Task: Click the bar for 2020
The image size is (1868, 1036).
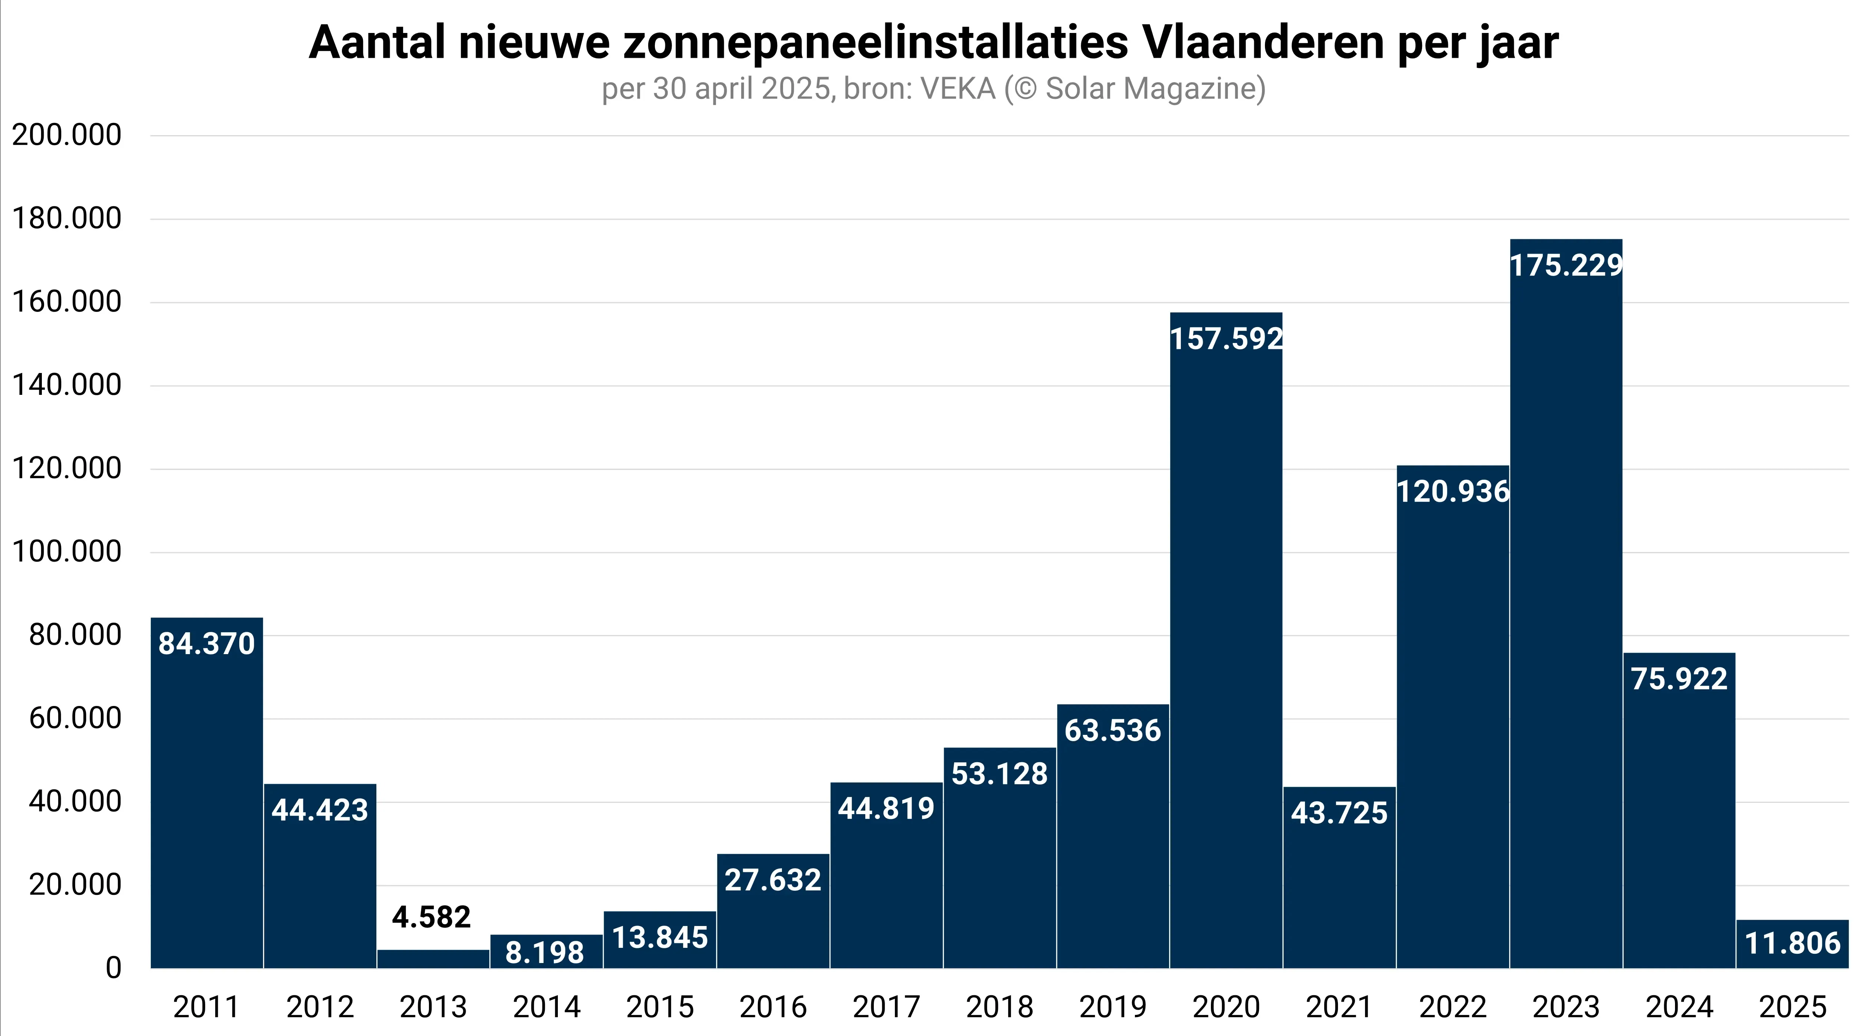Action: point(1225,653)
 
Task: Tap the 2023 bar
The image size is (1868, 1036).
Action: point(1566,616)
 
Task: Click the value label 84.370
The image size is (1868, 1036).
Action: point(207,644)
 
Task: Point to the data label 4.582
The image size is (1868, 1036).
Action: point(432,917)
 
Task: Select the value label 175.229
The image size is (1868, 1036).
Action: point(1566,265)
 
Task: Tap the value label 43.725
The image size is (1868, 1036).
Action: point(1339,813)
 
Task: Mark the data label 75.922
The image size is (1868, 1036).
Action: point(1679,679)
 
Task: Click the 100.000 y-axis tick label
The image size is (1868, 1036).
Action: point(67,552)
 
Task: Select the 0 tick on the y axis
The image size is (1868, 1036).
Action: point(113,968)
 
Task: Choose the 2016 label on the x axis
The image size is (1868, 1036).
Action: point(773,1007)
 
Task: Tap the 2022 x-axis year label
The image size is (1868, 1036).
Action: point(1452,1007)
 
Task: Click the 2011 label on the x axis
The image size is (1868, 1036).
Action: point(207,1007)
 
